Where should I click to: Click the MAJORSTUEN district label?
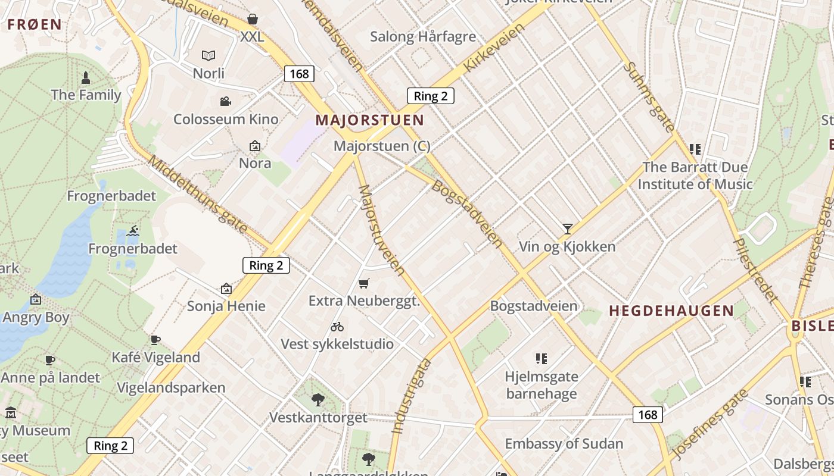369,120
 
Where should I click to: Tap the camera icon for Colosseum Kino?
225,102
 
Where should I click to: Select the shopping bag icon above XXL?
253,19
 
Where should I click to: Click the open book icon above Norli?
208,56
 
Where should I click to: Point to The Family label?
86,95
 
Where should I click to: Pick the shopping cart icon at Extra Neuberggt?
364,283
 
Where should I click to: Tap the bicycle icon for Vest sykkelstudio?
337,327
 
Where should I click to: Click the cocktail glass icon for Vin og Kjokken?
567,228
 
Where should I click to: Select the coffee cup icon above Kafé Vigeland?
155,340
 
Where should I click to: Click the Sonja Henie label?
226,306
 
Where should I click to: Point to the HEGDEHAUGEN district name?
671,311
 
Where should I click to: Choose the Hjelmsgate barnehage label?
541,385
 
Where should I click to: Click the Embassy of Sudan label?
564,444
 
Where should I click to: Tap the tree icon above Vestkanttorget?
318,399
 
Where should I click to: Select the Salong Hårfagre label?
423,36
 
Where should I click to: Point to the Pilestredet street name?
755,270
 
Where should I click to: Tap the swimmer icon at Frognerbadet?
133,231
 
